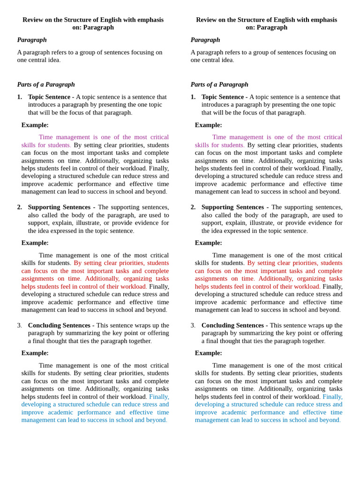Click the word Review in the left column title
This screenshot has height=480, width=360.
(34, 20)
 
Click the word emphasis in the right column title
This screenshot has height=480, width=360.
(321, 20)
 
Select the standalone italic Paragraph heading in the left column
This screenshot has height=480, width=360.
(32, 40)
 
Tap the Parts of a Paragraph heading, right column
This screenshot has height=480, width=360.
(219, 84)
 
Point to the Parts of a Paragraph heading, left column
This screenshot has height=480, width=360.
(46, 84)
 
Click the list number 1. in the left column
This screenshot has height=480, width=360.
(20, 97)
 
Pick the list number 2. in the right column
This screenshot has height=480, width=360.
(193, 207)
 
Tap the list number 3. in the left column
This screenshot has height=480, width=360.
(20, 325)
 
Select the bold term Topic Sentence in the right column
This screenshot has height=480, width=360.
(222, 97)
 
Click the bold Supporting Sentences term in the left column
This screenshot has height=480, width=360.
(59, 207)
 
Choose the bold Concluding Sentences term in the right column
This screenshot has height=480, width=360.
(232, 325)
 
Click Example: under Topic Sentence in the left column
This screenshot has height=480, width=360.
(35, 125)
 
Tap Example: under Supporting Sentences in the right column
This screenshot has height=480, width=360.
(209, 243)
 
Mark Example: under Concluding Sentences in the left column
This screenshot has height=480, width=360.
(35, 353)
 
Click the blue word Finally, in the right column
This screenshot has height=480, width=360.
(332, 397)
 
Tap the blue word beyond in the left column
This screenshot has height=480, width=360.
(155, 420)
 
